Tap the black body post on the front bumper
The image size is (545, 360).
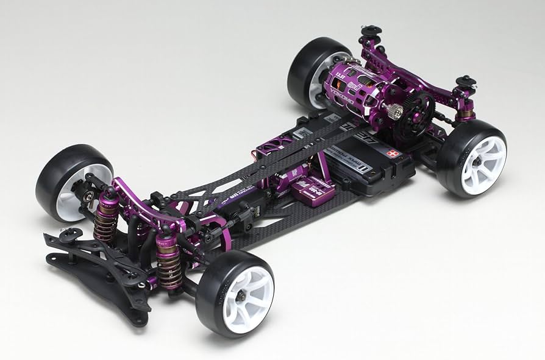[70, 234]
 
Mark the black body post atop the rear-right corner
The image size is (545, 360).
[466, 82]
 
